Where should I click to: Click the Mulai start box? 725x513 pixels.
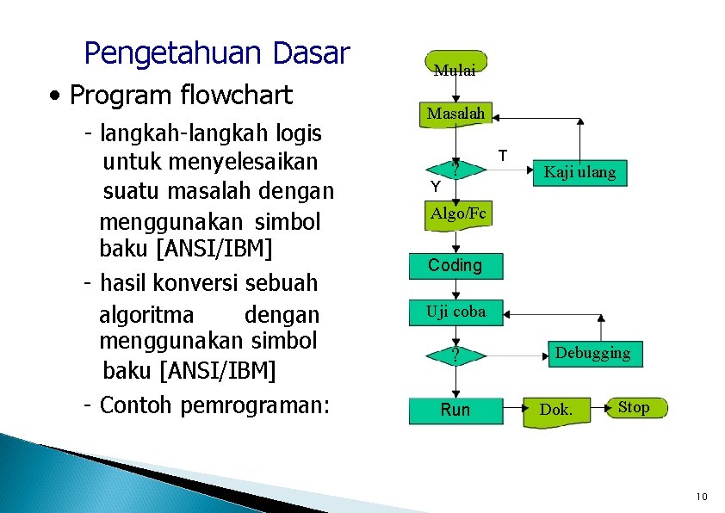455,65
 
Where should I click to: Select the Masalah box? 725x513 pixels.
455,114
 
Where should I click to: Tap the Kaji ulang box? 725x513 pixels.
579,172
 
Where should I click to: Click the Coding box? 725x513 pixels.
455,266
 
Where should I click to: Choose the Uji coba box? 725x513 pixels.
456,312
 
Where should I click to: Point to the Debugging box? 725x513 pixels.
592,353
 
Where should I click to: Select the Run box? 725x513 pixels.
455,410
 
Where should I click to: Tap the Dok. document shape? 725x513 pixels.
555,411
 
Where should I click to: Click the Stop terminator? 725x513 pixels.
634,407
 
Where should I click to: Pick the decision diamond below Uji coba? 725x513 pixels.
455,355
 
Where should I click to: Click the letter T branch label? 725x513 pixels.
504,156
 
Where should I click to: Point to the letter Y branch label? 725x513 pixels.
436,187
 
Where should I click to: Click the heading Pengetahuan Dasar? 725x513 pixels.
217,53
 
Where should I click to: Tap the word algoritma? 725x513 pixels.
146,315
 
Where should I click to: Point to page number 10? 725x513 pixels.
702,497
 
